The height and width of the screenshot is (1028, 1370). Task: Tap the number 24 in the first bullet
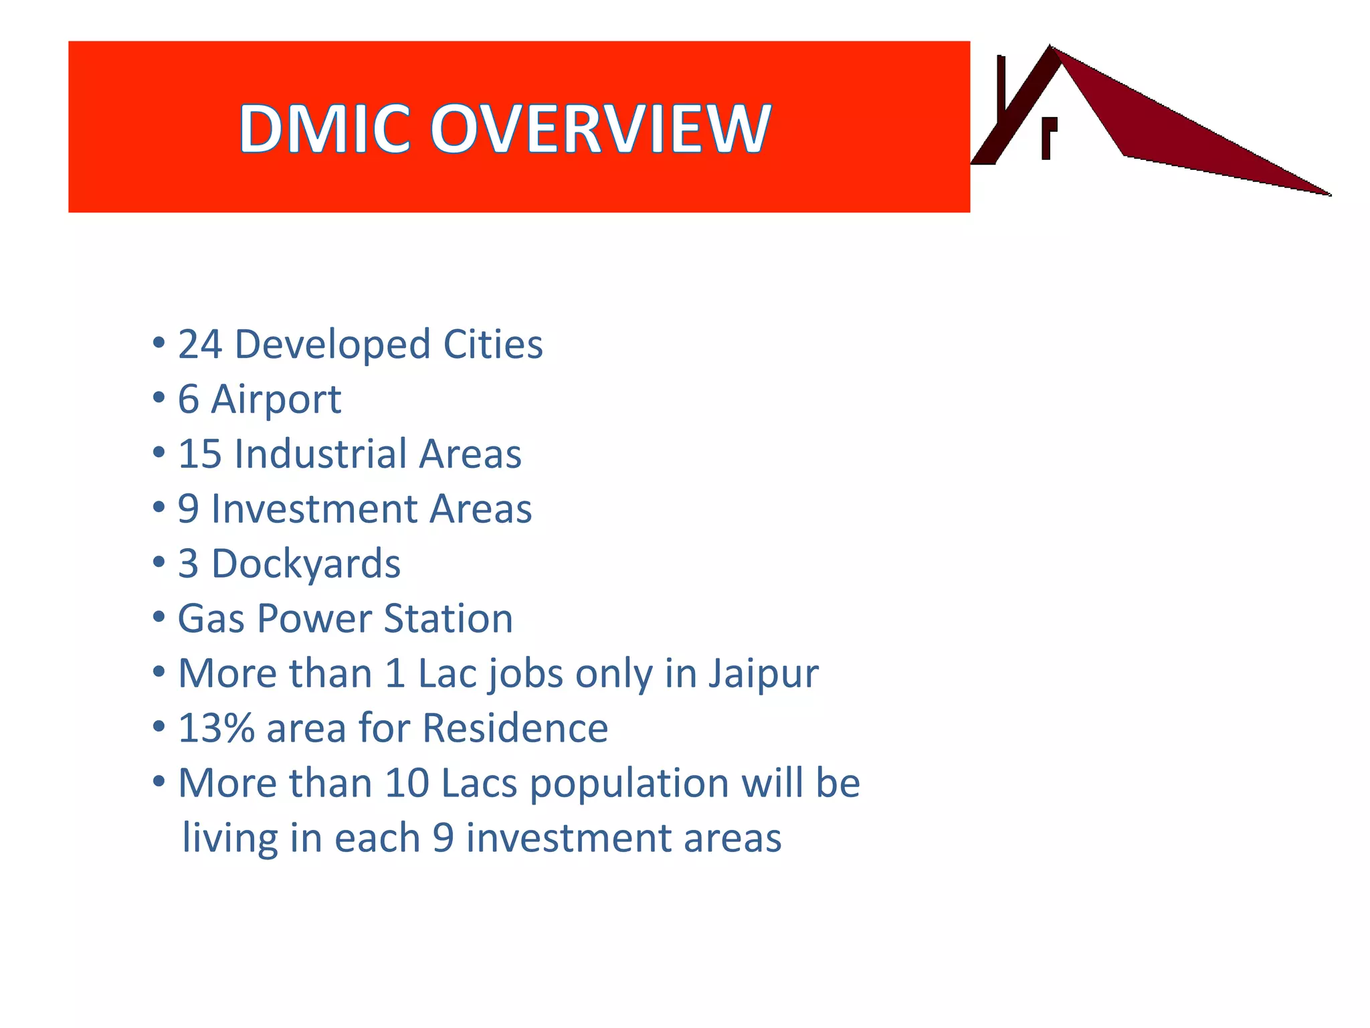pyautogui.click(x=199, y=345)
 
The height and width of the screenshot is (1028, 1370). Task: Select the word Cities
pyautogui.click(x=493, y=345)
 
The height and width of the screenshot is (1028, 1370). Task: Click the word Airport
pyautogui.click(x=276, y=400)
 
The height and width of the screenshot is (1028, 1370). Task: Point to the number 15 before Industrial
pyautogui.click(x=199, y=454)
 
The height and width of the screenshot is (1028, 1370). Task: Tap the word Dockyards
pyautogui.click(x=306, y=564)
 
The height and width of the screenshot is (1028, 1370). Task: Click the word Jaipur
pyautogui.click(x=763, y=674)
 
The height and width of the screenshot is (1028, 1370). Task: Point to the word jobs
pyautogui.click(x=526, y=674)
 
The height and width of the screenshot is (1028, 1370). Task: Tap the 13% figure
pyautogui.click(x=216, y=728)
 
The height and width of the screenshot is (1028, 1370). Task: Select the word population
pyautogui.click(x=629, y=784)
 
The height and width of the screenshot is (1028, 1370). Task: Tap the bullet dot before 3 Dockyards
pyautogui.click(x=159, y=563)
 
